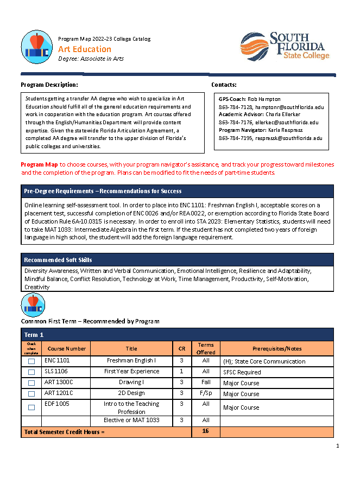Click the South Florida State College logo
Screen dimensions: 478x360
[285, 46]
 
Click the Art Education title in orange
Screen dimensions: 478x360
[85, 49]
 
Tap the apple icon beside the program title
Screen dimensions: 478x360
[37, 47]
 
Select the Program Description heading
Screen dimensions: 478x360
[49, 85]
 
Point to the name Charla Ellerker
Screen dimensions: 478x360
[283, 115]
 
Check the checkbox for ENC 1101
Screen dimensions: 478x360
[31, 361]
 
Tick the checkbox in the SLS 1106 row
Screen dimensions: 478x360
[31, 372]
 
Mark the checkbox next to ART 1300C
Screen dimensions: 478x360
[31, 383]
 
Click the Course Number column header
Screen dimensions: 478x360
[66, 348]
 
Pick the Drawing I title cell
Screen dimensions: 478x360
[131, 383]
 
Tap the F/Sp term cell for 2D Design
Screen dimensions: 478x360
[206, 393]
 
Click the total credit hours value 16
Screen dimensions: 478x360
[206, 432]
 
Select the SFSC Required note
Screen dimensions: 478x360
[242, 372]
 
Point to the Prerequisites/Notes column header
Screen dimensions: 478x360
[277, 348]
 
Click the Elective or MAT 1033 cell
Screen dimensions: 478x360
[131, 420]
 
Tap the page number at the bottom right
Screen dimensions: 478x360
[337, 446]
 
